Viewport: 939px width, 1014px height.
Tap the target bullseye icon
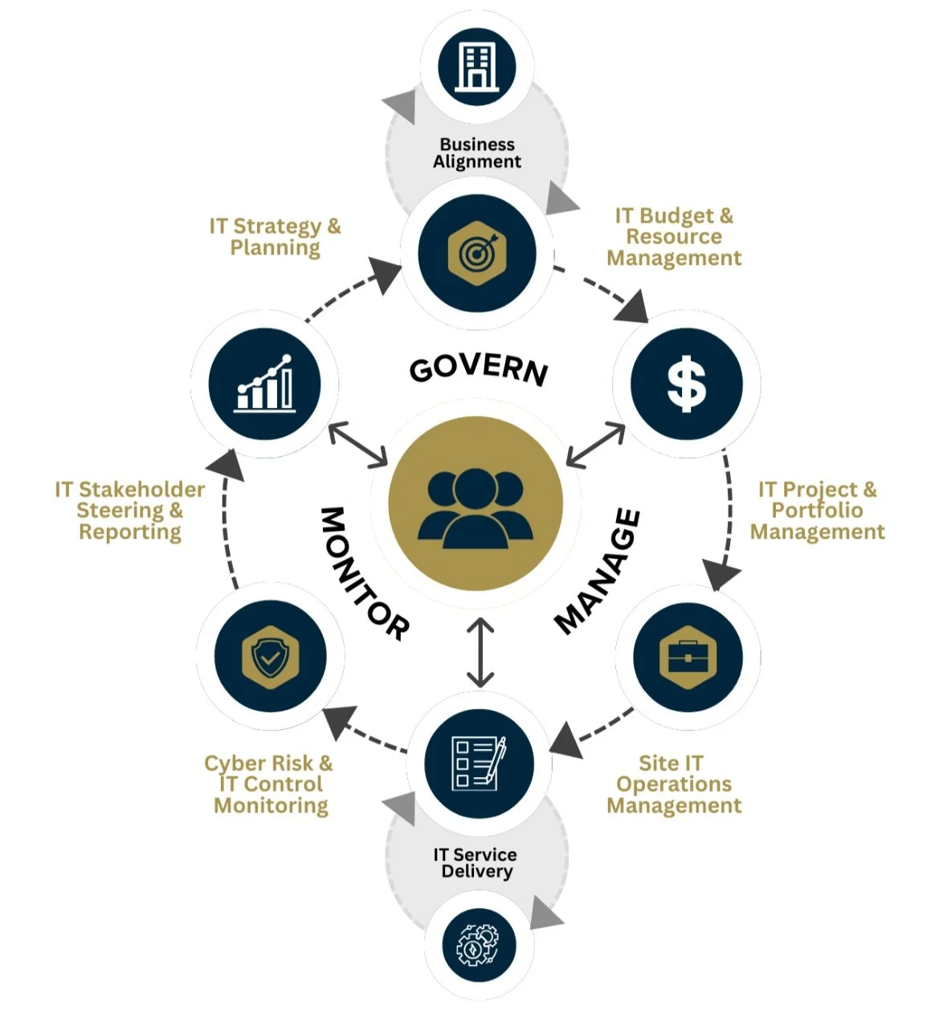pos(477,253)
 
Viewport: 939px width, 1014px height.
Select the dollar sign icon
pos(686,384)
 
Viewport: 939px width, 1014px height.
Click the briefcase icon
pos(688,658)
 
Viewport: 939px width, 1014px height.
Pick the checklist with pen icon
pos(479,763)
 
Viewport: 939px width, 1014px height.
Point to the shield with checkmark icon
pos(270,657)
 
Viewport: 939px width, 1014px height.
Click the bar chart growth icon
pos(264,384)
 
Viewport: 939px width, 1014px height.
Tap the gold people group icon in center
pos(476,504)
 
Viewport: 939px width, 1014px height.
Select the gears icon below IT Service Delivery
pos(478,945)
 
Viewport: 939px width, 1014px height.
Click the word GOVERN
pos(479,369)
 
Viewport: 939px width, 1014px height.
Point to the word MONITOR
pos(365,573)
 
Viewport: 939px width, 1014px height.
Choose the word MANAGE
pos(598,572)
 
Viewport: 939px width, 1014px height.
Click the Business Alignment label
pos(477,153)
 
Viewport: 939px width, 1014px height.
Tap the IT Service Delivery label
pos(476,863)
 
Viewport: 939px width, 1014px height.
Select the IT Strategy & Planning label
pos(275,237)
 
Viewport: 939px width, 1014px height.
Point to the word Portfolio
pos(817,511)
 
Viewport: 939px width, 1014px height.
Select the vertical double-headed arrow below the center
pos(480,653)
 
